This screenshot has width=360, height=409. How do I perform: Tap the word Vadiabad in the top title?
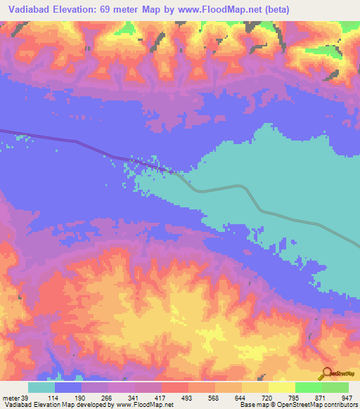tap(29, 10)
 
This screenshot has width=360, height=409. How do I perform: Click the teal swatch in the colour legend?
tap(41, 387)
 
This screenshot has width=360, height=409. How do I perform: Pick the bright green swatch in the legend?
tap(309, 387)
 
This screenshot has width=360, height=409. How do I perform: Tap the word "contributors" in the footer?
tap(337, 405)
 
